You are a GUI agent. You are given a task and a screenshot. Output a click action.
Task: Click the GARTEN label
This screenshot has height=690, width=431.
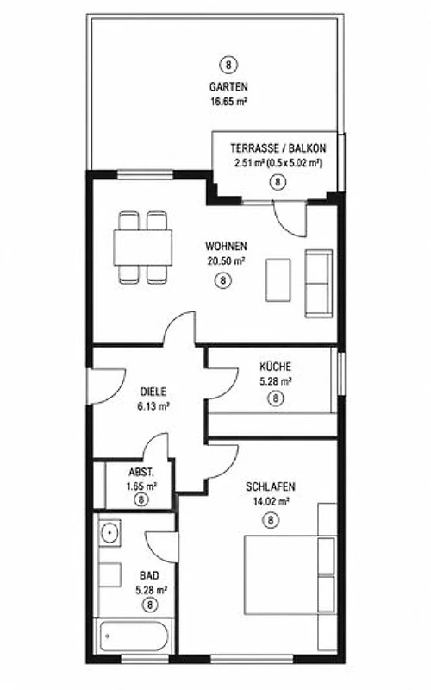coord(228,87)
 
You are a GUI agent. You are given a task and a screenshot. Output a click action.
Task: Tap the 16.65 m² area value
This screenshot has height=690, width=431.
coord(228,102)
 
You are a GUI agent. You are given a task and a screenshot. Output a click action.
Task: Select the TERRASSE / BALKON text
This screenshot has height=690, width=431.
coord(278,148)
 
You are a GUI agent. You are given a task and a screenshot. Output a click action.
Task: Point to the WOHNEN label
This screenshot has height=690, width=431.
coord(226,246)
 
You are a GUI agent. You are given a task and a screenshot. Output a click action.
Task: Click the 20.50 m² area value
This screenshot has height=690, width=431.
coord(226,261)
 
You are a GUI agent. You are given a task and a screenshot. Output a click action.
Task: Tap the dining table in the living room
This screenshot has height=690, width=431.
coord(142,248)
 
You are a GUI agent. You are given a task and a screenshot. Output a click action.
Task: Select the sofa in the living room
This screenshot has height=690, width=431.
coord(319,284)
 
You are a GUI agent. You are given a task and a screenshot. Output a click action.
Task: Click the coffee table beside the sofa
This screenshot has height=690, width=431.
coord(278,279)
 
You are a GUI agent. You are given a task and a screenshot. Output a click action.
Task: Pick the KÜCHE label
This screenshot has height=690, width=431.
coord(275,366)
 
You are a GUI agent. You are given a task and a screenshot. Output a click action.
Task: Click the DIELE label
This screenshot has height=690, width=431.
coord(153,392)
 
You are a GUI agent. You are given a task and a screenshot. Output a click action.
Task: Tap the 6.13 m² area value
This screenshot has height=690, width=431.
coord(153,406)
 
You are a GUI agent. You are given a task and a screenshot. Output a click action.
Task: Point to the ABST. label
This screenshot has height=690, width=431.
coord(141,473)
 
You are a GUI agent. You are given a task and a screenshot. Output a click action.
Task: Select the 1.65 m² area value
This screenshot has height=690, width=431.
coord(141,486)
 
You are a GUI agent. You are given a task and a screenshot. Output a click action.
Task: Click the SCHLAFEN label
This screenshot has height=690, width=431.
coord(271,486)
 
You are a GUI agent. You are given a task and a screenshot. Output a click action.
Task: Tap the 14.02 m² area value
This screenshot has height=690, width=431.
coord(271,501)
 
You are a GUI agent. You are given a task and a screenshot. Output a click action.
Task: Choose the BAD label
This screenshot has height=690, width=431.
coord(149,575)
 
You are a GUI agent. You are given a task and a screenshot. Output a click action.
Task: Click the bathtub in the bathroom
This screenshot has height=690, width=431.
coord(134,636)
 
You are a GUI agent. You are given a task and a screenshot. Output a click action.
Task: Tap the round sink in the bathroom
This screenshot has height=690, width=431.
coord(109,533)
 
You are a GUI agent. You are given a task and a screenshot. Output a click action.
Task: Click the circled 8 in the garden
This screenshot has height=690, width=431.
coord(228,66)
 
